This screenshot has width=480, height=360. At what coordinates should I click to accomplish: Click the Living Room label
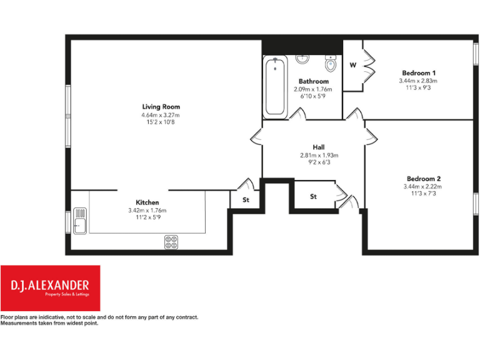point(161,107)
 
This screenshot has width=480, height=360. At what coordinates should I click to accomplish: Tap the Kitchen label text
point(147,202)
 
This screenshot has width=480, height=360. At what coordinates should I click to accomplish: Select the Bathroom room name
point(313,82)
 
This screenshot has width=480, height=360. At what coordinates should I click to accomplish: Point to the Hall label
point(319,147)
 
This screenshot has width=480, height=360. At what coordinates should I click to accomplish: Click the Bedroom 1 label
point(418,73)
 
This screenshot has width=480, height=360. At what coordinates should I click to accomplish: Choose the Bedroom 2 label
point(422,178)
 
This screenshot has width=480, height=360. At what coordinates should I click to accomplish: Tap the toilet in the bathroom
point(331,64)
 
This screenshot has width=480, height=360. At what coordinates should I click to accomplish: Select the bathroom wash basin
point(303,59)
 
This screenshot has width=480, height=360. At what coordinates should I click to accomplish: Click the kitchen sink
point(81,221)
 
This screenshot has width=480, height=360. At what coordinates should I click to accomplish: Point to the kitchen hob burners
point(172,242)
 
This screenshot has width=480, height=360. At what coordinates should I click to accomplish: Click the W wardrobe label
point(352,65)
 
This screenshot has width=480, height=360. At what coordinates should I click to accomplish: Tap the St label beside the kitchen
point(246,201)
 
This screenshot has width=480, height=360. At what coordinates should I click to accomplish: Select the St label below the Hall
point(313,197)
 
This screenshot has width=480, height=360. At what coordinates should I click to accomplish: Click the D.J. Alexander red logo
point(50,288)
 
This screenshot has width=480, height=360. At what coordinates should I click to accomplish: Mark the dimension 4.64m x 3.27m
point(161,115)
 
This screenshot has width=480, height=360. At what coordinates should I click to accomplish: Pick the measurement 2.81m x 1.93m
point(319,155)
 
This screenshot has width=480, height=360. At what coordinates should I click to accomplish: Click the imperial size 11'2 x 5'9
point(147,218)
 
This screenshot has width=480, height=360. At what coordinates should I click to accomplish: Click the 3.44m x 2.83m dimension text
point(418,81)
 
